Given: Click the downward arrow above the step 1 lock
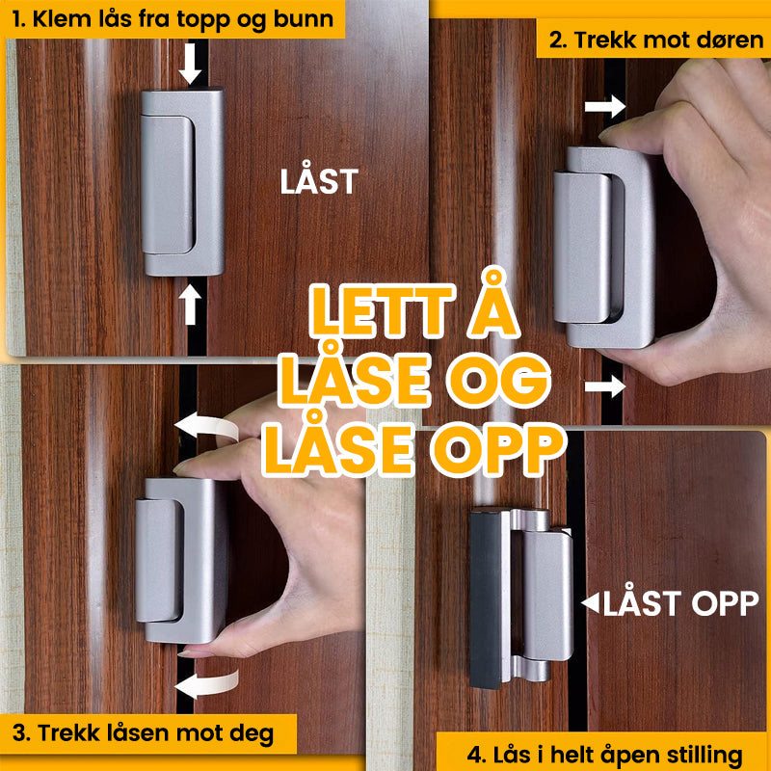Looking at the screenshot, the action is click(190, 64).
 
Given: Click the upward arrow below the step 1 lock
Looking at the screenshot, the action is click(190, 305).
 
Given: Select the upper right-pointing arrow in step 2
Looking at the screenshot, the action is click(605, 106).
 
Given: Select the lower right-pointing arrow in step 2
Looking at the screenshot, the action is click(605, 385).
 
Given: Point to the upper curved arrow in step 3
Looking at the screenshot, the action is click(206, 426).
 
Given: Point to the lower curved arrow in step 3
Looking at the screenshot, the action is click(206, 684).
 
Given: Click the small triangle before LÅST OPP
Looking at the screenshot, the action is click(590, 603).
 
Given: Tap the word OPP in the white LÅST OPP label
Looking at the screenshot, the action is click(726, 603).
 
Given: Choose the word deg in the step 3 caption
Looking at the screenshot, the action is click(252, 734).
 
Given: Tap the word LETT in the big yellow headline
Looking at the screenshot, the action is click(382, 311).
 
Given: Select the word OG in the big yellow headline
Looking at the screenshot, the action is click(497, 380).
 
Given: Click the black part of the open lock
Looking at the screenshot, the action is click(486, 598).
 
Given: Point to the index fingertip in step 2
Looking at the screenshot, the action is click(610, 134).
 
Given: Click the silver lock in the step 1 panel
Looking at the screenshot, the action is click(182, 181).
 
